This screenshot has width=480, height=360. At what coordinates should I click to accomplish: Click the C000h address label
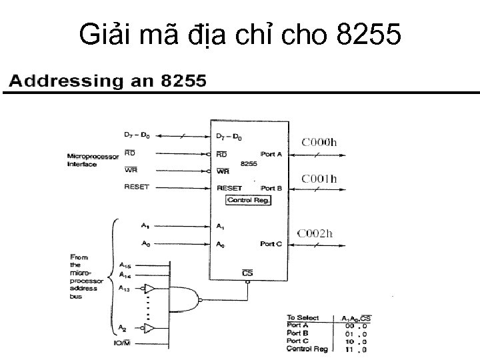(x=320, y=142)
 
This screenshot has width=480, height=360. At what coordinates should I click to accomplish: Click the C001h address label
(x=320, y=179)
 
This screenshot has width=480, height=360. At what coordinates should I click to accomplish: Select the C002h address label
(x=315, y=233)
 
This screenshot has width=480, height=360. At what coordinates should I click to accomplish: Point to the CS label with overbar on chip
(x=247, y=273)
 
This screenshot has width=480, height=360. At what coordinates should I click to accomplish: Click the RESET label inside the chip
(x=229, y=189)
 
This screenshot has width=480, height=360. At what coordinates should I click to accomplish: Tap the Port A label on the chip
(x=271, y=154)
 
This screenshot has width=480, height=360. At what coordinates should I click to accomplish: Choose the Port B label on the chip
(x=271, y=189)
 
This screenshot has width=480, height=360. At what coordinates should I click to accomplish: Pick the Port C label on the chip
(x=271, y=244)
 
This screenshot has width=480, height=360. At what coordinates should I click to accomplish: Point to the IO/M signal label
(x=125, y=343)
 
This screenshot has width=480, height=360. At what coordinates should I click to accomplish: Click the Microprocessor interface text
(x=91, y=161)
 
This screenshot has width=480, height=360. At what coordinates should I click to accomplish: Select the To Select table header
(x=303, y=318)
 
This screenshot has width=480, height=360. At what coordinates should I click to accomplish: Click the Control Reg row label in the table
(x=307, y=349)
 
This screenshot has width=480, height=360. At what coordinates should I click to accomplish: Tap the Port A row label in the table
(x=297, y=326)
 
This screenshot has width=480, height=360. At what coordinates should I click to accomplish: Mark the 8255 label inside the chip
(x=249, y=163)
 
